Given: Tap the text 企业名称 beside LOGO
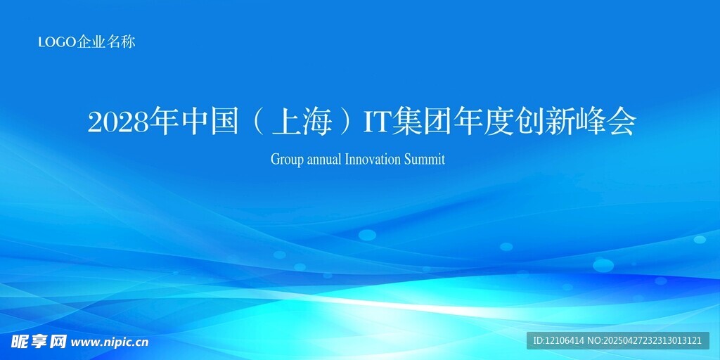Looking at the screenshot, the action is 105,42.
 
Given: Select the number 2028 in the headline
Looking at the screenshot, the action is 118,123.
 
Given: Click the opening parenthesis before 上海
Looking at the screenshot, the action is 259,123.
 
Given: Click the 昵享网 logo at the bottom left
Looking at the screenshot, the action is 39,341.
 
